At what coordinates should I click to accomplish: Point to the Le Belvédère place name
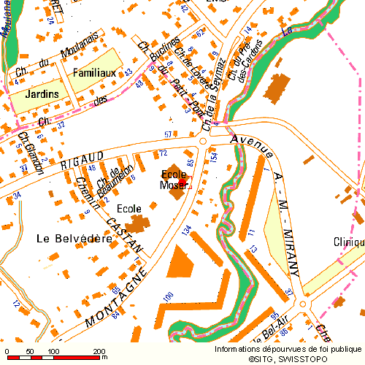pyautogui.click(x=74, y=238)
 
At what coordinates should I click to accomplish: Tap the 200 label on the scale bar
pyautogui.click(x=97, y=352)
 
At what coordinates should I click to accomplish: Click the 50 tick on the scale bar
pyautogui.click(x=29, y=352)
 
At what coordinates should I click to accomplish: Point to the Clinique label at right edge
pyautogui.click(x=348, y=242)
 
